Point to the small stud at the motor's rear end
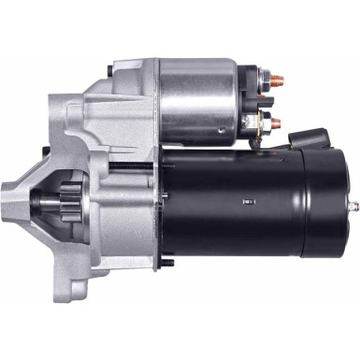(353, 203)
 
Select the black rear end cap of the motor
(332, 201)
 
